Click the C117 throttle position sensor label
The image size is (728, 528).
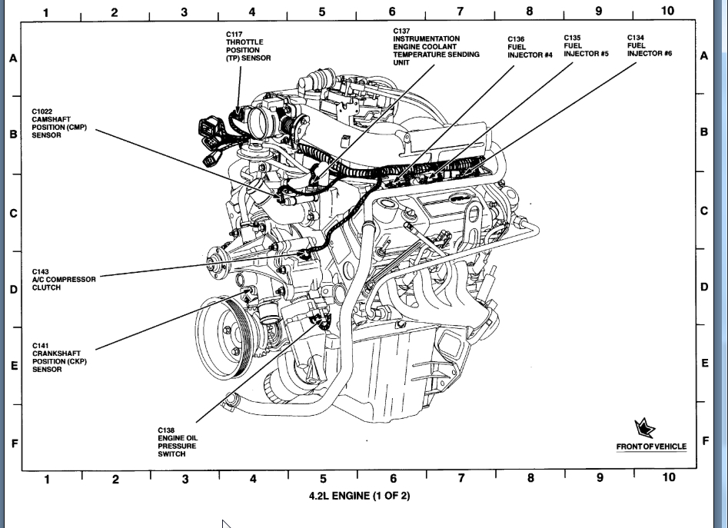pos(248,46)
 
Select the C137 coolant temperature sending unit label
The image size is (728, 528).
pos(436,47)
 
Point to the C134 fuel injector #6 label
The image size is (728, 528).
pos(650,46)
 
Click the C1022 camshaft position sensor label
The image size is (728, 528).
pos(58,123)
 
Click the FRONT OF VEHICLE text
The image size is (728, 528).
pos(651,447)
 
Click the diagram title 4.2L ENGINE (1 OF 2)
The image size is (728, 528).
pos(360,496)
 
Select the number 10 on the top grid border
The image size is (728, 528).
pos(667,11)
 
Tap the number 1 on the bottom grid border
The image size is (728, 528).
pos(47,480)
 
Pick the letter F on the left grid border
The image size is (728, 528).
pos(13,443)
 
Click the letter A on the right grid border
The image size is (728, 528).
pos(704,56)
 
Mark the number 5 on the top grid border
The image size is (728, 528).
pos(322,12)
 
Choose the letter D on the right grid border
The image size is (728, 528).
pos(704,287)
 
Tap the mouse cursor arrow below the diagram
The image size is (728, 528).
pos(227,523)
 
